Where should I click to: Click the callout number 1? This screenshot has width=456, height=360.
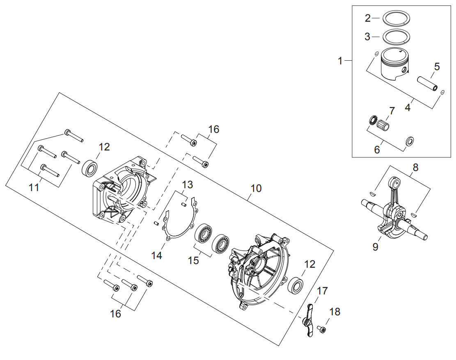pyautogui.click(x=340, y=62)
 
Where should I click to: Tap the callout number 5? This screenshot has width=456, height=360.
pyautogui.click(x=437, y=66)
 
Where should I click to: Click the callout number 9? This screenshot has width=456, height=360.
pyautogui.click(x=376, y=247)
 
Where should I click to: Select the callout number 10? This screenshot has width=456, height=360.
pyautogui.click(x=256, y=188)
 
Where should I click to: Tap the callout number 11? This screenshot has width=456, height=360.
pyautogui.click(x=34, y=188)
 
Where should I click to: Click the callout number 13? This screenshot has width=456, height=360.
pyautogui.click(x=188, y=185)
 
